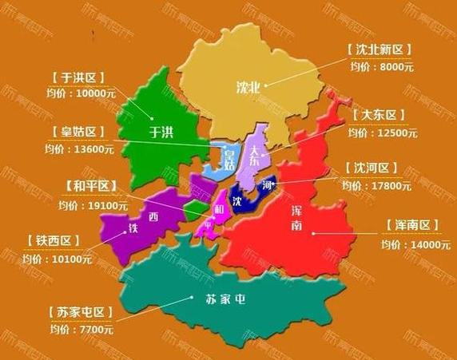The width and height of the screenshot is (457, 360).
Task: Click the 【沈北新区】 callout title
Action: click(x=380, y=50)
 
